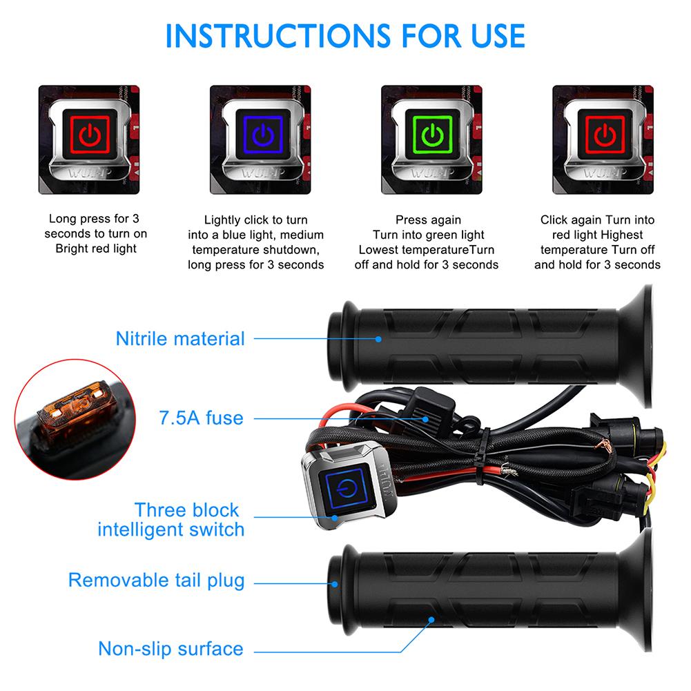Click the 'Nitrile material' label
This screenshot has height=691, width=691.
[180, 339]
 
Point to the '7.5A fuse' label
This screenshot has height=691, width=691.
[201, 418]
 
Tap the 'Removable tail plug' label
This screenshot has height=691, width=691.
[156, 581]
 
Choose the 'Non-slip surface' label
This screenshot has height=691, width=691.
[171, 649]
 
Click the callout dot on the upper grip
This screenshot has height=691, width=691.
[378, 339]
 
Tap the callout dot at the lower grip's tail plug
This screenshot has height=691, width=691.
[335, 583]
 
